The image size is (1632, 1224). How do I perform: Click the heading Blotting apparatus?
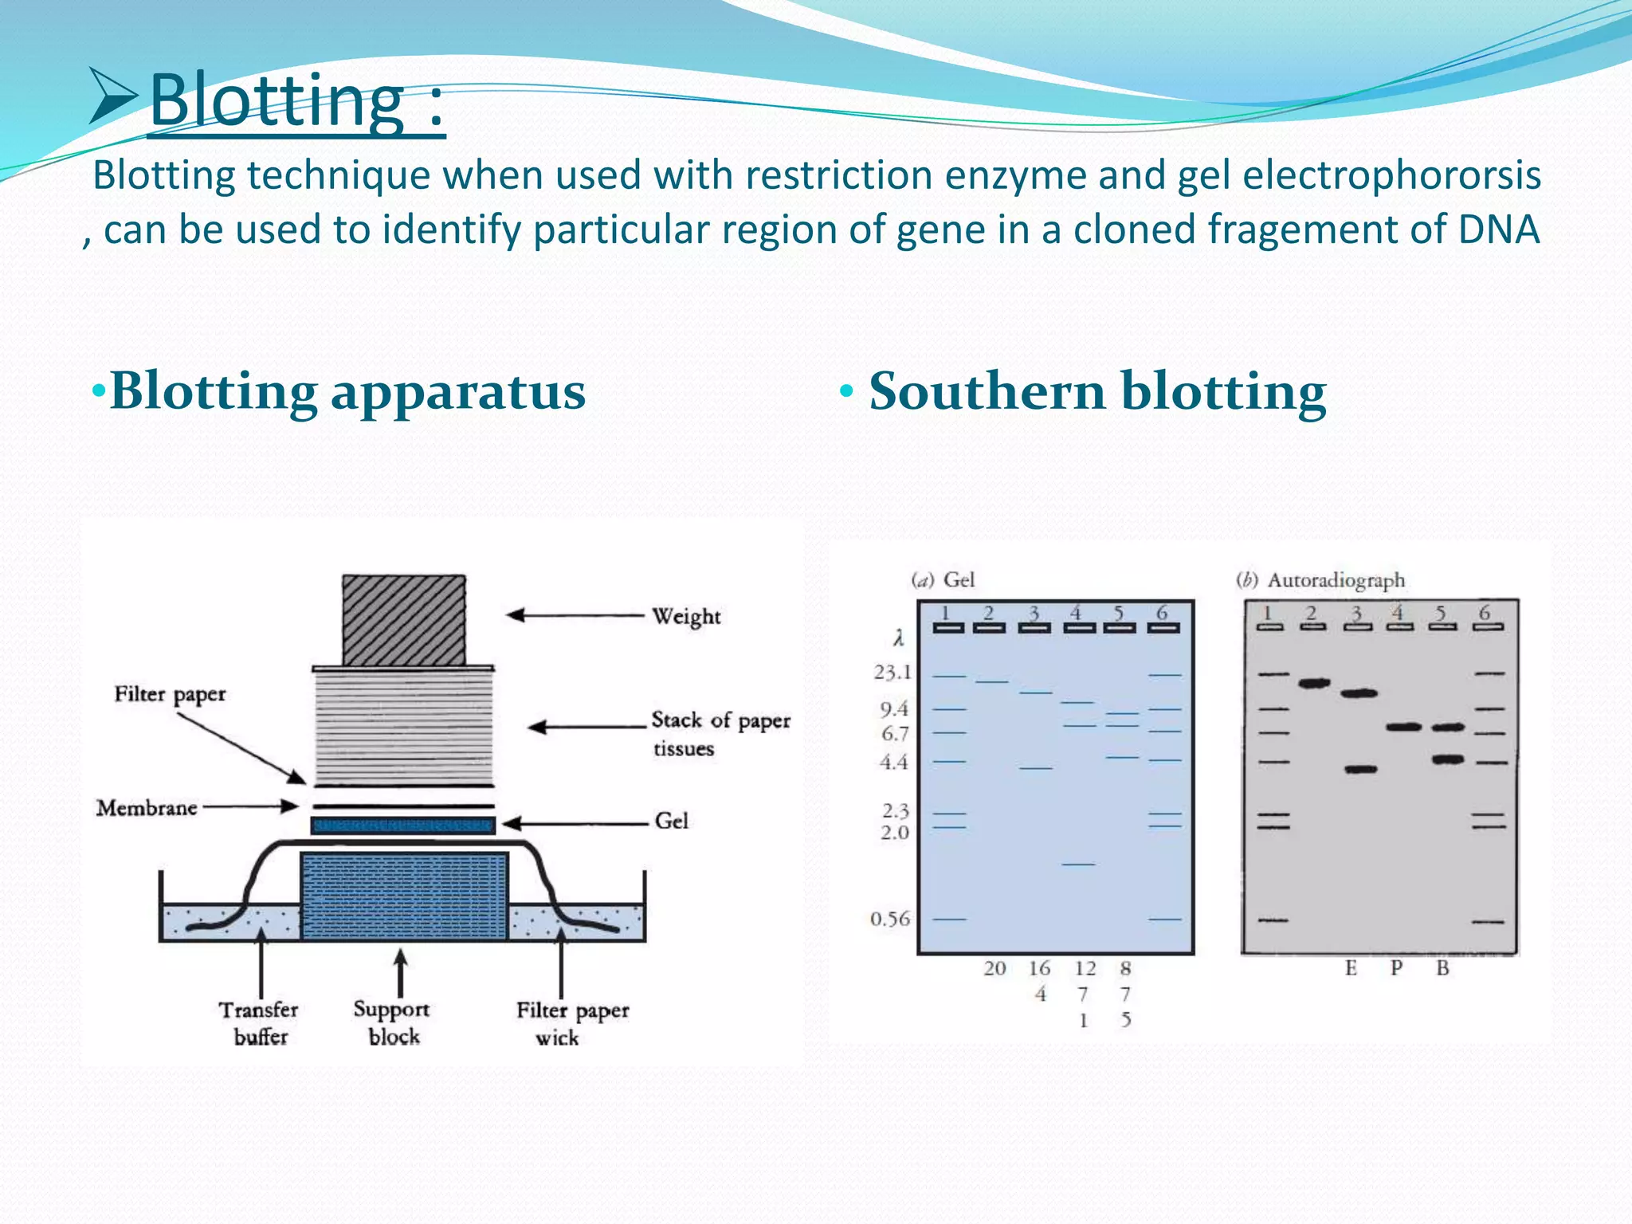(x=347, y=391)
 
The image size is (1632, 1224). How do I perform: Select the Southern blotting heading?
(x=1096, y=391)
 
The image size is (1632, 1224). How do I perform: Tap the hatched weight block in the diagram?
(x=404, y=621)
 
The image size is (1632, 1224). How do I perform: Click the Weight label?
(x=685, y=617)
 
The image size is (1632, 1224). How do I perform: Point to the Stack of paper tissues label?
(x=719, y=734)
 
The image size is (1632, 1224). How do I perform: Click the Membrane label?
(x=147, y=808)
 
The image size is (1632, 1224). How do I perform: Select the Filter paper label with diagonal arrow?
(x=170, y=694)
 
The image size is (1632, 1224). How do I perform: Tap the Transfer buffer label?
(x=259, y=1023)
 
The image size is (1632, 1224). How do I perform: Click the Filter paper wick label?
(x=571, y=1023)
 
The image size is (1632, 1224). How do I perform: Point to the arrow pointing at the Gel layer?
(x=574, y=823)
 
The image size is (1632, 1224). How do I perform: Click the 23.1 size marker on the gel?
(x=892, y=673)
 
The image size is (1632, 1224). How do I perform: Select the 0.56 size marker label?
(x=889, y=919)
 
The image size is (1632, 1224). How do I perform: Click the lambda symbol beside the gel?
(x=898, y=638)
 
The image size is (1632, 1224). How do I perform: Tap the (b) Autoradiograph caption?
(x=1320, y=580)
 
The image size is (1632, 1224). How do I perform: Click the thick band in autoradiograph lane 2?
(x=1314, y=683)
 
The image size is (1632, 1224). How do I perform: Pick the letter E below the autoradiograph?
(x=1351, y=968)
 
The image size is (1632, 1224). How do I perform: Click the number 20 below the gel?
(x=994, y=968)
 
